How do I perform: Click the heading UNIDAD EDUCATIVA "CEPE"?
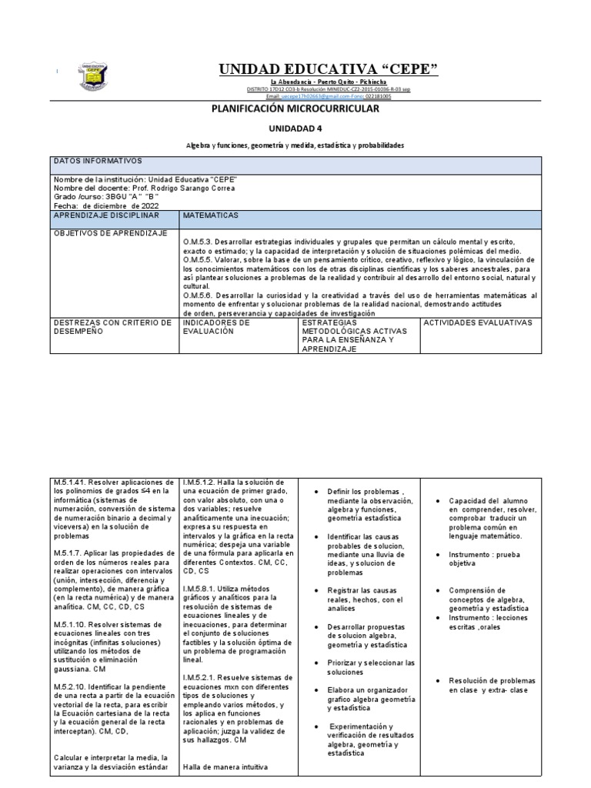[329, 71]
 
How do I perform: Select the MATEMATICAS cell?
[211, 216]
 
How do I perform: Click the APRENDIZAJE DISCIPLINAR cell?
[105, 216]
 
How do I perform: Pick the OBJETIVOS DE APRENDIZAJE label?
[109, 233]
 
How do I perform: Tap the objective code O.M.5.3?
[199, 242]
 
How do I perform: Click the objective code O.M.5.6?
[199, 295]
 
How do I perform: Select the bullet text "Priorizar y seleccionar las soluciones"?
[371, 667]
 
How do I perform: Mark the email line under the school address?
[329, 96]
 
